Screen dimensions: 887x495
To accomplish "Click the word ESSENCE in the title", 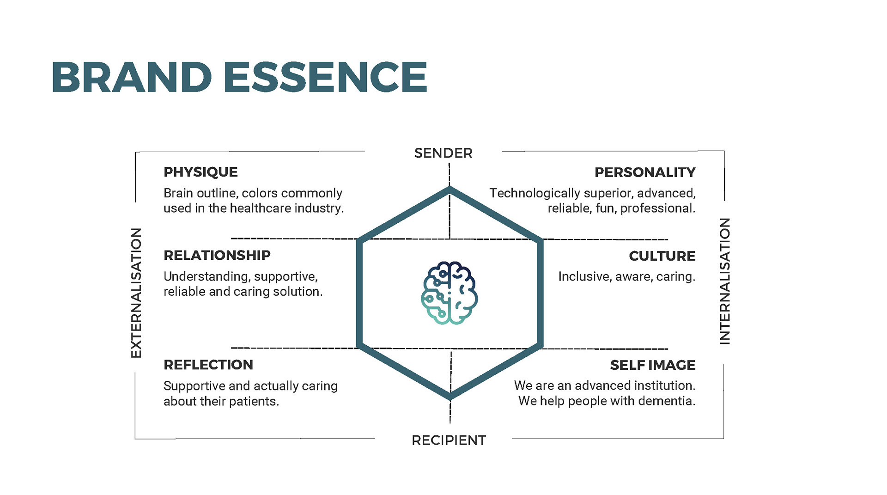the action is [x=326, y=77].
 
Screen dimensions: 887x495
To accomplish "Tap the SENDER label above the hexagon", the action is [x=443, y=153].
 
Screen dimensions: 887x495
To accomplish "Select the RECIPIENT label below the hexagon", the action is [x=449, y=440].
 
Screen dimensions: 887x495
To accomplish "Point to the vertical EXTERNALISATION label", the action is [x=136, y=293].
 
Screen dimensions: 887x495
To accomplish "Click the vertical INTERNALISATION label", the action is [x=725, y=281].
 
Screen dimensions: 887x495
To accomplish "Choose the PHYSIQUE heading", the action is [x=200, y=172].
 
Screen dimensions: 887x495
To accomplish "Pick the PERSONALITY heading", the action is [x=645, y=173].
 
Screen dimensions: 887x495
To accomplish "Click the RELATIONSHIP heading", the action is [x=217, y=256].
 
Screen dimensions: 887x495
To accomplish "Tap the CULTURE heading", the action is [x=662, y=256].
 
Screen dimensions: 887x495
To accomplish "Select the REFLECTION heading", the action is [x=208, y=365].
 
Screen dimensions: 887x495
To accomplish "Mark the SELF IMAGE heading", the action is [x=652, y=366].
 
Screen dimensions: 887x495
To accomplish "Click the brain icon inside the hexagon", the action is [x=449, y=293].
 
